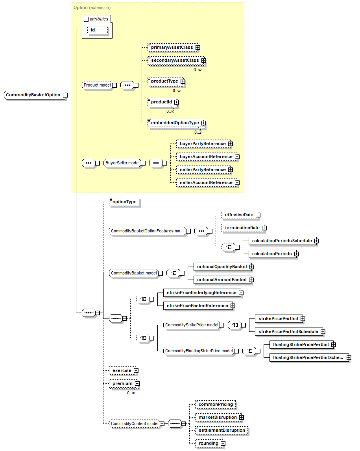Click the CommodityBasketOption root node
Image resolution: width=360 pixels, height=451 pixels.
point(33,95)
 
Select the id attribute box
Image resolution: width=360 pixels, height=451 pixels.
point(98,30)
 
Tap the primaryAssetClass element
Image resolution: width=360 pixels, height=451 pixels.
point(172,48)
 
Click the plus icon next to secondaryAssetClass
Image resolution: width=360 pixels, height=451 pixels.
point(204,61)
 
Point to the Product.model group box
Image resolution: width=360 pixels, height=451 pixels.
point(97,85)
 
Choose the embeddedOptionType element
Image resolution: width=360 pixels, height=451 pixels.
point(175,123)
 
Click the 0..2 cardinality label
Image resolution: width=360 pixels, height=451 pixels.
point(198,132)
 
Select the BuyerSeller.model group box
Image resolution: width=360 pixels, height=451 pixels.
point(122,163)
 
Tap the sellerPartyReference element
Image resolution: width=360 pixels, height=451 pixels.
point(203,170)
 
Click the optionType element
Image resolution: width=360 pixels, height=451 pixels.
point(124,202)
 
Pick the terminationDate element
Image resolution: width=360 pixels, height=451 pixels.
point(242,228)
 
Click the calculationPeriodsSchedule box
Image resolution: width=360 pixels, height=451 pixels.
point(282,241)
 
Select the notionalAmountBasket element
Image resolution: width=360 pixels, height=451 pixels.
point(222,280)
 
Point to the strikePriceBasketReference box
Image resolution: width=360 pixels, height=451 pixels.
point(198,306)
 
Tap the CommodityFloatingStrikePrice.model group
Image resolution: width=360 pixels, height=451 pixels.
point(199,351)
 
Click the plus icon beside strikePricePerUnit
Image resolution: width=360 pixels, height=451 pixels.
point(303,319)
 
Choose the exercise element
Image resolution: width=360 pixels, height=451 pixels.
point(122,371)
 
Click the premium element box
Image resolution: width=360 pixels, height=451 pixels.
point(123,384)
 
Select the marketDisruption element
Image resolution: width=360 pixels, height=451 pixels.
point(218,417)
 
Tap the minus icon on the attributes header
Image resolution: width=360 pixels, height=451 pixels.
point(86,19)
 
